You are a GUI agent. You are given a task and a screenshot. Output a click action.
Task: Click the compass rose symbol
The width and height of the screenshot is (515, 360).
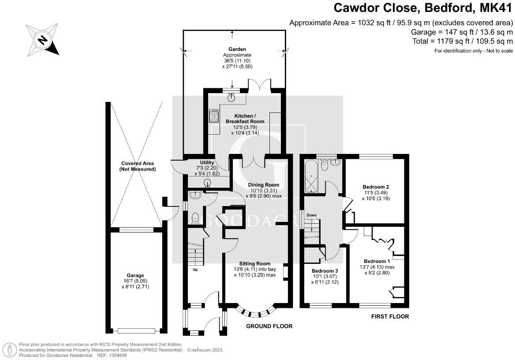coord(42,40)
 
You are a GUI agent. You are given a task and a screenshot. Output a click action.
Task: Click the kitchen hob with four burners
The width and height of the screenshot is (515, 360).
coord(213,116)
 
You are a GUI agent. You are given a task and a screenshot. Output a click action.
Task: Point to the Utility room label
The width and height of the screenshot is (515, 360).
coord(207,163)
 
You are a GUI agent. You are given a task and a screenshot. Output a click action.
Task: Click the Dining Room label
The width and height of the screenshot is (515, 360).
coord(263,185)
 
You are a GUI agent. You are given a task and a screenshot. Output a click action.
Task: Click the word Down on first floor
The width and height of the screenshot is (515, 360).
coord(312,215)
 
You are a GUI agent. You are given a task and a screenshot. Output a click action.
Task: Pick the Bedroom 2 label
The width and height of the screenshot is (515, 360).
coord(376,187)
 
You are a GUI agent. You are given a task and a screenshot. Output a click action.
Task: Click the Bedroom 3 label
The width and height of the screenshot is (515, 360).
coord(325,271)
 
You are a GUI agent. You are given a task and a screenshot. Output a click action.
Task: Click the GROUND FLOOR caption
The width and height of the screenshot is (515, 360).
coord(269,326)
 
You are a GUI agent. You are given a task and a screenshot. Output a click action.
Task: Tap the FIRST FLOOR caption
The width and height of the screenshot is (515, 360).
coord(390,316)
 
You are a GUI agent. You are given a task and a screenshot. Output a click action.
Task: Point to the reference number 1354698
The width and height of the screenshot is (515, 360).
coord(118,355)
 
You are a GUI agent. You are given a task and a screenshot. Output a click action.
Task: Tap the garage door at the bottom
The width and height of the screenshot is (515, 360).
coord(136,330)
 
